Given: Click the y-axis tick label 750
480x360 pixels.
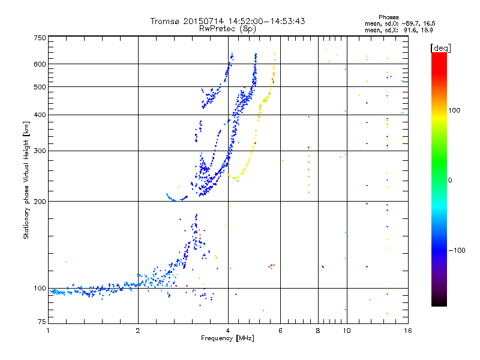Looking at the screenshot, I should tap(40, 38).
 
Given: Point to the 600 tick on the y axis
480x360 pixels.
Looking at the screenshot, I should tap(40, 64).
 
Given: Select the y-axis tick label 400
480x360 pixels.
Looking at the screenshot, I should tap(40, 115).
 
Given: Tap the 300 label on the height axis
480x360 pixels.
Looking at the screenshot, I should tap(40, 151).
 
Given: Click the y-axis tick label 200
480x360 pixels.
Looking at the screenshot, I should tap(40, 201).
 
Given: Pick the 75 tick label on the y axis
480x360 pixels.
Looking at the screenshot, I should tap(41, 324).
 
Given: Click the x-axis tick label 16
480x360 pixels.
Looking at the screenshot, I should tap(407, 331).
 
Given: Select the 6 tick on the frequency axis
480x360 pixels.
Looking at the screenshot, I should tap(280, 331).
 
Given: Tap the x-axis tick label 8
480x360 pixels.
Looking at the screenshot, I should tap(318, 331).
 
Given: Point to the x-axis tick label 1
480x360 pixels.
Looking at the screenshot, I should tap(48, 331).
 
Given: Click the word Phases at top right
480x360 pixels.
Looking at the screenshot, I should tap(389, 17).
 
